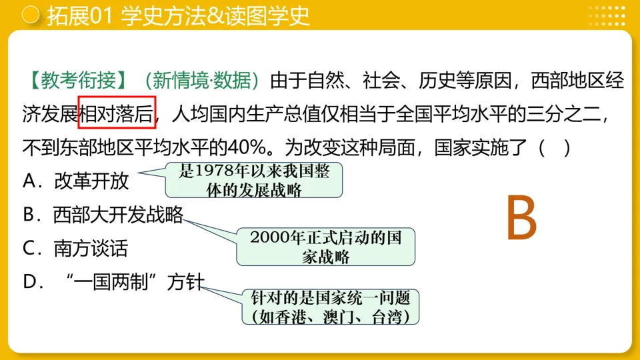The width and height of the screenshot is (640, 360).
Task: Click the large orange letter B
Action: coord(521,218)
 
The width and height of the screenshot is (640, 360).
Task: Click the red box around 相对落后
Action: coord(117,112)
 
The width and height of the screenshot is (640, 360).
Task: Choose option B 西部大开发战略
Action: coord(103,215)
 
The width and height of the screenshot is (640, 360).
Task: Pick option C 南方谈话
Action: coord(75,249)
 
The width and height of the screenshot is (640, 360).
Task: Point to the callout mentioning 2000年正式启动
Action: coord(326,247)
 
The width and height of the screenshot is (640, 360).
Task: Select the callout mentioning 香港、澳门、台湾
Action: coord(331,307)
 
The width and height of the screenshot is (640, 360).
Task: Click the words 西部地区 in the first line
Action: coord(569,81)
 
